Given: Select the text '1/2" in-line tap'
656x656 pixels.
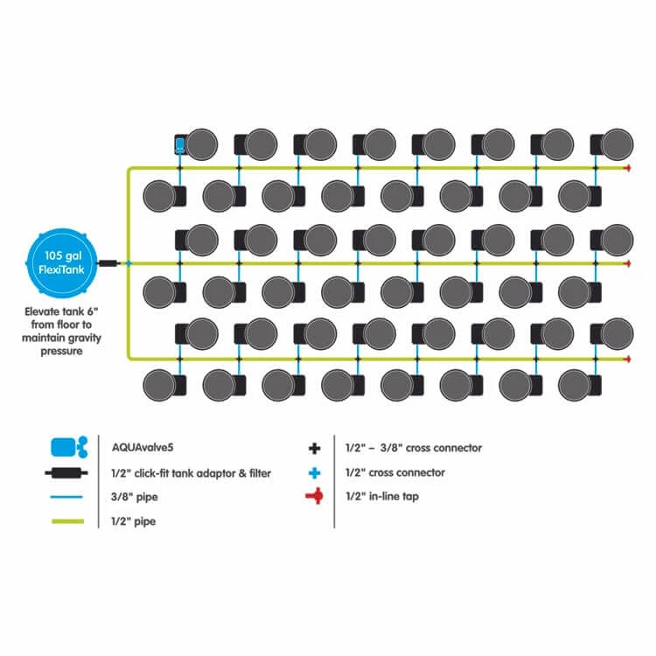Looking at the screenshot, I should tap(377, 497).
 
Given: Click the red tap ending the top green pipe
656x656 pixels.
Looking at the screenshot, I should tap(627, 168).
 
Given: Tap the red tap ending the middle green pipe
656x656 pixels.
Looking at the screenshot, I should tap(627, 262).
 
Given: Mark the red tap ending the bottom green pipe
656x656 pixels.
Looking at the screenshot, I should tap(627, 359).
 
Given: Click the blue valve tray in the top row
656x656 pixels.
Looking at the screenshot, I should tap(179, 144).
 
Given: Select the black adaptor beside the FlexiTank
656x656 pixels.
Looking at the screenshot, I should tap(108, 262).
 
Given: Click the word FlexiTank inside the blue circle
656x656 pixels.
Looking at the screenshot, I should tap(62, 271).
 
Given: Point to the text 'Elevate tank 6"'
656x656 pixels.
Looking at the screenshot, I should tap(62, 311).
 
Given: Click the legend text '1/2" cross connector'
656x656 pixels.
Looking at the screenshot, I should tap(389, 472).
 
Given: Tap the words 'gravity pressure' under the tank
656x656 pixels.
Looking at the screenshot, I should tap(63, 345).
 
